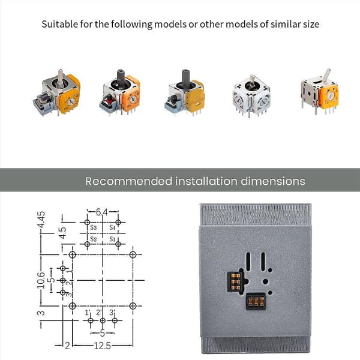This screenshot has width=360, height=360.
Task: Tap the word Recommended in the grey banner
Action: coord(128,181)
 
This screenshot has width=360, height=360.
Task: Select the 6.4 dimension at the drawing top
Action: coord(101,212)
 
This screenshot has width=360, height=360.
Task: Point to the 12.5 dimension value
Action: coord(103,346)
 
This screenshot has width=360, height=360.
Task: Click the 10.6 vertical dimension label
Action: coord(41,280)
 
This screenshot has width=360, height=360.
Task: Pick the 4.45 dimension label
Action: coord(41,220)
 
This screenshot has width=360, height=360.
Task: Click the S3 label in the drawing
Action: coord(94,227)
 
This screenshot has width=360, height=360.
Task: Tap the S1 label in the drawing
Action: coord(112,239)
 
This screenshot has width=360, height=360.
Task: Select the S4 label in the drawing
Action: coord(112,227)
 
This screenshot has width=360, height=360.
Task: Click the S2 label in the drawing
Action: coord(94,239)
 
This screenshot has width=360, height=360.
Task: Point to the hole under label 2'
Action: coord(103,320)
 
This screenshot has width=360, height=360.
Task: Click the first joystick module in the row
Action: coord(57,92)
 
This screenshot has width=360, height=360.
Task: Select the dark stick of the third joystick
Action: coord(186,77)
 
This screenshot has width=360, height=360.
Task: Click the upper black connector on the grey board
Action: coord(234,282)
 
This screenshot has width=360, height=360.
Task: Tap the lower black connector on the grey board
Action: coord(256,301)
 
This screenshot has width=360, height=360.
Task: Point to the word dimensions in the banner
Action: coord(273,181)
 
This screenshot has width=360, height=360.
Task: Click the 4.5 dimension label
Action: coord(62,233)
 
